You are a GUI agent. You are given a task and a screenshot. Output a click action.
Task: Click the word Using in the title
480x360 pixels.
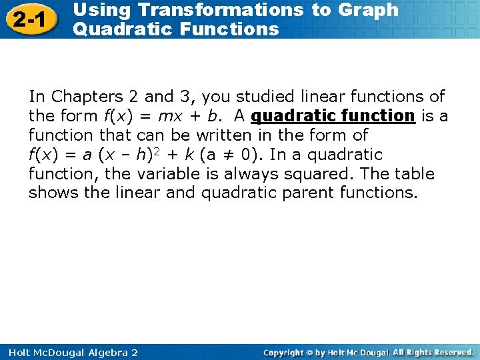99,10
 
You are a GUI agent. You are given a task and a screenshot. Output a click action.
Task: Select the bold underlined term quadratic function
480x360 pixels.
333,116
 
